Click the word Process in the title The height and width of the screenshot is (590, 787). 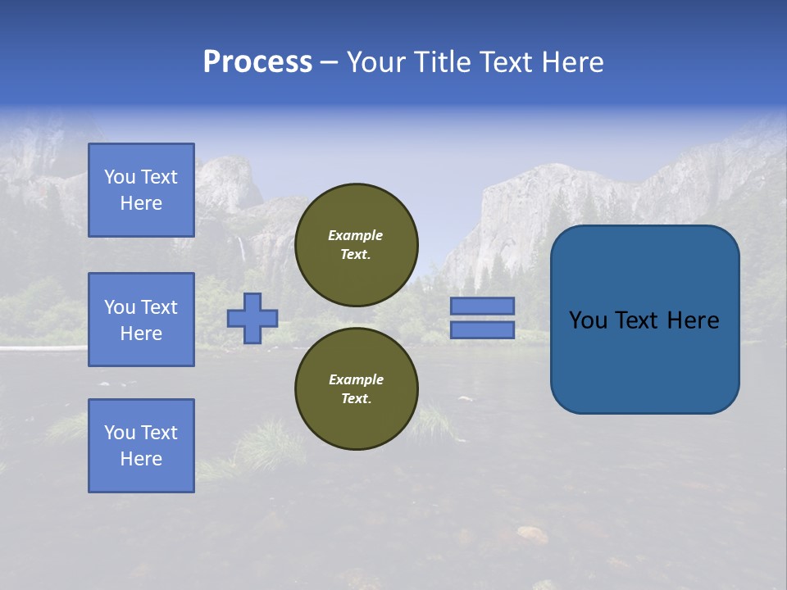click(257, 62)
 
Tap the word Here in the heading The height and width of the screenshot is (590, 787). click(570, 62)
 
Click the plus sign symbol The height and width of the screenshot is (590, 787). click(252, 318)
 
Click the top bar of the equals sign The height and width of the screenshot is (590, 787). click(482, 306)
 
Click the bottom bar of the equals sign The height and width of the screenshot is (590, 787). click(482, 330)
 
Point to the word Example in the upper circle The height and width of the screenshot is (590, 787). click(356, 236)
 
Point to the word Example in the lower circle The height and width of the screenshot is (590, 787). click(356, 380)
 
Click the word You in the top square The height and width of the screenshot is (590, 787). click(120, 177)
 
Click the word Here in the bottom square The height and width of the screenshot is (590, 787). click(141, 459)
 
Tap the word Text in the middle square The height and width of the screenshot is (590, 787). click(159, 307)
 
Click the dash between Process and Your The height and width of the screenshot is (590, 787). click(329, 62)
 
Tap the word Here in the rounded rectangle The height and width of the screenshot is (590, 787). click(694, 320)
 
